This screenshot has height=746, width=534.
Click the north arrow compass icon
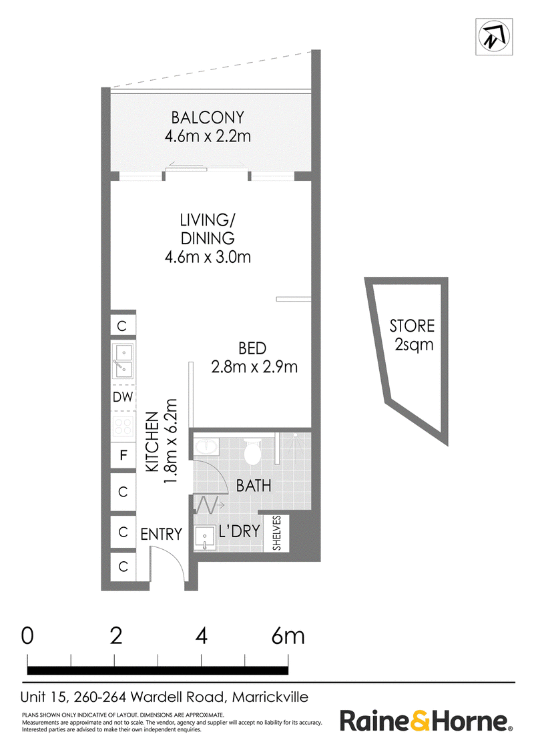pyautogui.click(x=494, y=37)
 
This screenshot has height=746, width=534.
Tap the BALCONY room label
pyautogui.click(x=208, y=117)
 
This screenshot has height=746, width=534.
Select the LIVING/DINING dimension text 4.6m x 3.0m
pyautogui.click(x=208, y=257)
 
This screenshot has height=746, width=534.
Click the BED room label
pyautogui.click(x=252, y=348)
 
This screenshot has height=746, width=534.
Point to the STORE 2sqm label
pyautogui.click(x=412, y=335)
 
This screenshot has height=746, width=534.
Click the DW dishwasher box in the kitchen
pyautogui.click(x=123, y=396)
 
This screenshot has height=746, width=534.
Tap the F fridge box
pyautogui.click(x=123, y=455)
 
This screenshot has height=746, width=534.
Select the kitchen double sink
pyautogui.click(x=123, y=360)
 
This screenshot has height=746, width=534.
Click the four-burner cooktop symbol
pyautogui.click(x=123, y=426)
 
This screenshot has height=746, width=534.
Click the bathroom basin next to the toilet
pyautogui.click(x=206, y=447)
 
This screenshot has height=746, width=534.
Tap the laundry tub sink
pyautogui.click(x=206, y=538)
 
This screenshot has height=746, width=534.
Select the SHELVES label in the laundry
pyautogui.click(x=276, y=533)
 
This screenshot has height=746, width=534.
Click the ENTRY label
pyautogui.click(x=162, y=534)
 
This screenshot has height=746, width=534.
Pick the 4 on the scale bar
pyautogui.click(x=202, y=636)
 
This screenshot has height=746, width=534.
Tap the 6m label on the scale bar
pyautogui.click(x=288, y=636)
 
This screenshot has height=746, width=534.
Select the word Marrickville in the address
pyautogui.click(x=270, y=697)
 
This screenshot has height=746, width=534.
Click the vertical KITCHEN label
pyautogui.click(x=152, y=442)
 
